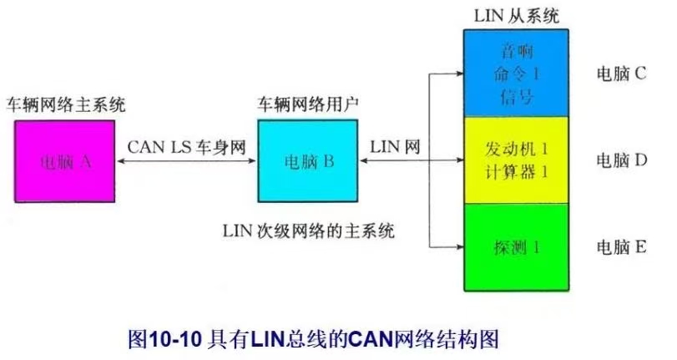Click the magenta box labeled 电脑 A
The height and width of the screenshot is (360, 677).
63,162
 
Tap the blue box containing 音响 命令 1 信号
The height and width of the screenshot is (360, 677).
515,74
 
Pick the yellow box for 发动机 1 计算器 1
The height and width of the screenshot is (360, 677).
515,160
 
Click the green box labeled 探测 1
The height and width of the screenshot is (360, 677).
515,247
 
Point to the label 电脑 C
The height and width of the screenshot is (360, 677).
621,74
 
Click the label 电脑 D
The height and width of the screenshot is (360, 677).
621,159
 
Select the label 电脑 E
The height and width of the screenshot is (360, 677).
621,247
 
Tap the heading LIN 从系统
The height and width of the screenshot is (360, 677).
516,16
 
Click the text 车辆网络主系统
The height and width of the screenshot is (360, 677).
66,106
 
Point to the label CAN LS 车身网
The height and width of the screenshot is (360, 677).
187,147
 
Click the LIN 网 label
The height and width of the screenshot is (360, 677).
395,147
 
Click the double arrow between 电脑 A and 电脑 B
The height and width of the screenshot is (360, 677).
185,163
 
